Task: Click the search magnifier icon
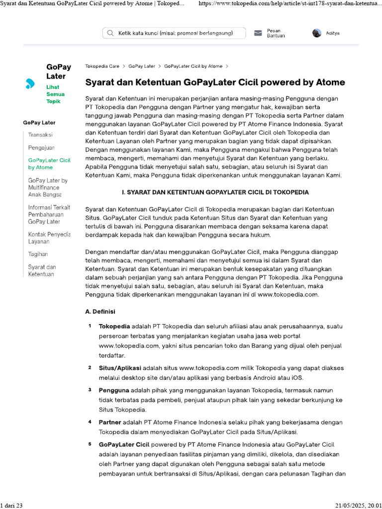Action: tap(110, 33)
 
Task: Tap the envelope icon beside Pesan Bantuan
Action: tap(258, 33)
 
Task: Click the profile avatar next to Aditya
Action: tap(317, 33)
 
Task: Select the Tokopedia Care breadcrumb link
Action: tap(102, 66)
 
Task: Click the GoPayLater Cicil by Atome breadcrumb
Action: tap(193, 66)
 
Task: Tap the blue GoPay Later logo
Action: tap(30, 84)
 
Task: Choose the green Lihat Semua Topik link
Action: tap(55, 94)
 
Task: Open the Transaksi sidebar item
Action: tap(40, 135)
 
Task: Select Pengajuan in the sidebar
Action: tap(41, 148)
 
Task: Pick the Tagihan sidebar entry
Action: tap(38, 254)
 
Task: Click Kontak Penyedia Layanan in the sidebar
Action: tap(49, 238)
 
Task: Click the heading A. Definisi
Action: tap(100, 312)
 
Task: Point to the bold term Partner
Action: tap(110, 422)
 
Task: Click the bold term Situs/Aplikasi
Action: tap(120, 368)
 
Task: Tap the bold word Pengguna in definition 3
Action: tap(114, 390)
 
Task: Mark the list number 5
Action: tap(90, 444)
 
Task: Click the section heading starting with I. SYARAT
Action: tap(215, 192)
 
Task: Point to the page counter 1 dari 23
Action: tap(12, 505)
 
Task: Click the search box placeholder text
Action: tap(175, 33)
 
